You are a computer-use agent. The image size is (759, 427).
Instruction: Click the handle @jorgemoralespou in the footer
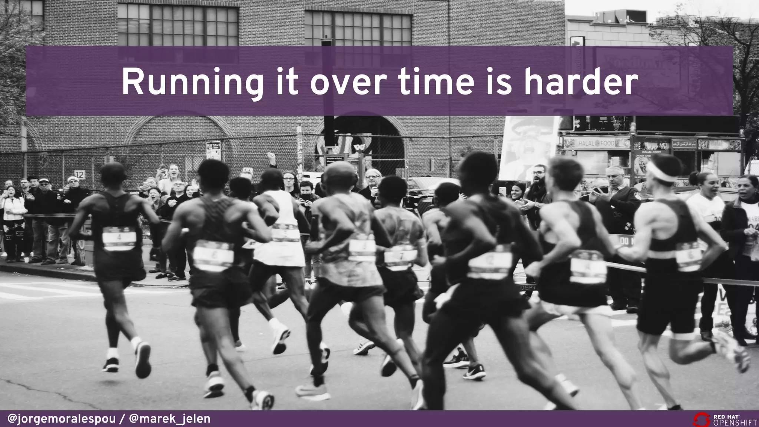62,419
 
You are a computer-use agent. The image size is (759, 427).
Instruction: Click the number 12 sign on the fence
79,174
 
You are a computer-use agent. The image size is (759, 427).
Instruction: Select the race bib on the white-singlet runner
285,234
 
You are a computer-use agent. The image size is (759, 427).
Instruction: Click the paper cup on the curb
26,259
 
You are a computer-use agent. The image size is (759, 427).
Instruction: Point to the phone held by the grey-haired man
600,190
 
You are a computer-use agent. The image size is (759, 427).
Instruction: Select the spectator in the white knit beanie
72,181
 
